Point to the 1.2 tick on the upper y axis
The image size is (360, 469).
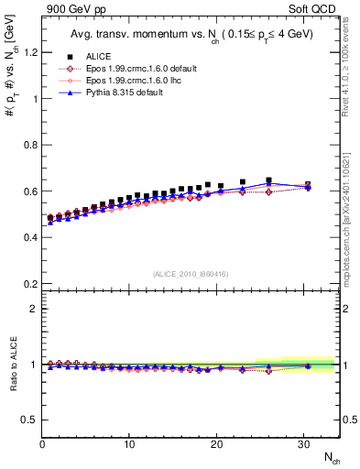(30, 52)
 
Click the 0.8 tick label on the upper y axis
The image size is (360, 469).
(30, 145)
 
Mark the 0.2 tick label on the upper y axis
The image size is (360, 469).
(30, 284)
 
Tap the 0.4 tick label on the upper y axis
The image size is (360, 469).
(30, 237)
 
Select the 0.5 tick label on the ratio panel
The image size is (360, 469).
(30, 420)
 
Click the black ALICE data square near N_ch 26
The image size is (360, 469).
(268, 180)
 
